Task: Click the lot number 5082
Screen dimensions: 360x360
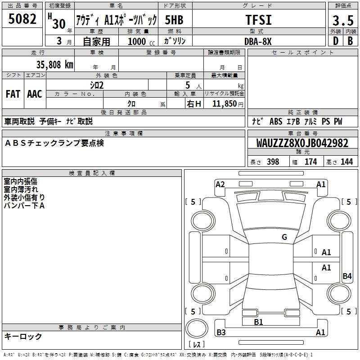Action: (22, 19)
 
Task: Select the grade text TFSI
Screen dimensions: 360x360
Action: (258, 20)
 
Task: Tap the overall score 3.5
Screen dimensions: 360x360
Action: (343, 20)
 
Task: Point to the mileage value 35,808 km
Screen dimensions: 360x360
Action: (54, 64)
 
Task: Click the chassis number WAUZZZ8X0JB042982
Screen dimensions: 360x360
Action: (302, 143)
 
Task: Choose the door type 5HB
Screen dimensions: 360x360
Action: (174, 20)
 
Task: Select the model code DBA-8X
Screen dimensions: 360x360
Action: (258, 41)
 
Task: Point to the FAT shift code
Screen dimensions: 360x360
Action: (13, 94)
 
